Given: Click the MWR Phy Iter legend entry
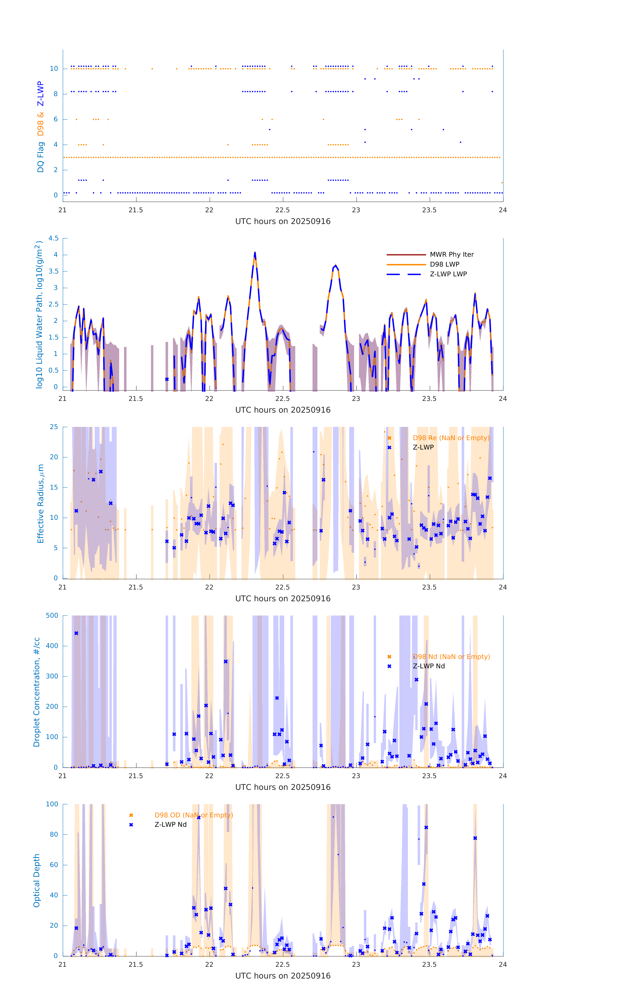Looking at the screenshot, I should [451, 254].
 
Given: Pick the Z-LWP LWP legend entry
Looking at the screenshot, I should [448, 274].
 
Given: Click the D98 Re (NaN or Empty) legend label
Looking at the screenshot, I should [451, 438].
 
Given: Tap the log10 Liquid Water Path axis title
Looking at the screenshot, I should [39, 315].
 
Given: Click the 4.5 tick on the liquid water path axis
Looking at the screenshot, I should [53, 239].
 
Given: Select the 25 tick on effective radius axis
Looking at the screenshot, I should [54, 427].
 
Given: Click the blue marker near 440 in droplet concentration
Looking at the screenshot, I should [76, 633].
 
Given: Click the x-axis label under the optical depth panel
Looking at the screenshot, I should [283, 976].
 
